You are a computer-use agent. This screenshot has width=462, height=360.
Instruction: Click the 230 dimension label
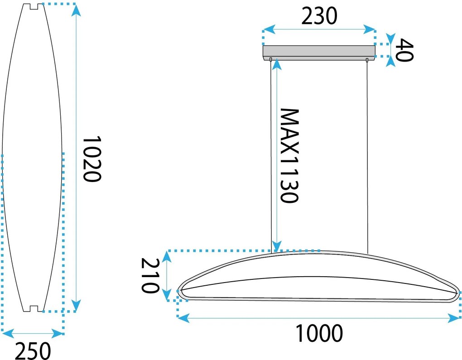pyautogui.click(x=319, y=16)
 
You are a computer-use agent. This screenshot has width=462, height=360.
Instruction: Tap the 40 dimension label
pyautogui.click(x=404, y=50)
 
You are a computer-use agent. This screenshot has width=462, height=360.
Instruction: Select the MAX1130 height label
pyautogui.click(x=289, y=156)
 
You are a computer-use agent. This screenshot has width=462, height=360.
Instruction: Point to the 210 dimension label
pyautogui.click(x=150, y=275)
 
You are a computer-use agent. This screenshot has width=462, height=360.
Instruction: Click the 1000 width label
pyautogui.click(x=319, y=333)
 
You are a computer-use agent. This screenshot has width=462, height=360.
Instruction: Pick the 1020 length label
pyautogui.click(x=92, y=159)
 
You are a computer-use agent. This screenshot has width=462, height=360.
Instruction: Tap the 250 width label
pyautogui.click(x=33, y=350)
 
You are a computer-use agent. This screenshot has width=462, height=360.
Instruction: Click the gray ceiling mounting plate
pyautogui.click(x=319, y=53)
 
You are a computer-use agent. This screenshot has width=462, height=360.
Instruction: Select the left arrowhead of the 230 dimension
pyautogui.click(x=269, y=29)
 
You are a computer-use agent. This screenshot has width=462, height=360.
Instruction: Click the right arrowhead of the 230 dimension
pyautogui.click(x=370, y=29)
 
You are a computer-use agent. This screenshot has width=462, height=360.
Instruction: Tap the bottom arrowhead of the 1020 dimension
pyautogui.click(x=76, y=306)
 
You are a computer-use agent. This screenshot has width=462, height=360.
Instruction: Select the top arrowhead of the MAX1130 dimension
pyautogui.click(x=277, y=64)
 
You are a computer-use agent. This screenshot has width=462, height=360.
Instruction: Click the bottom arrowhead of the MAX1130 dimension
pyautogui.click(x=277, y=246)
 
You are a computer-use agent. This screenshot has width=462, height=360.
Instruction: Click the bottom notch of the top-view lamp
pyautogui.click(x=34, y=309)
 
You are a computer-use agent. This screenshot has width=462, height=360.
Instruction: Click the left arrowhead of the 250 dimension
pyautogui.click(x=8, y=334)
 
